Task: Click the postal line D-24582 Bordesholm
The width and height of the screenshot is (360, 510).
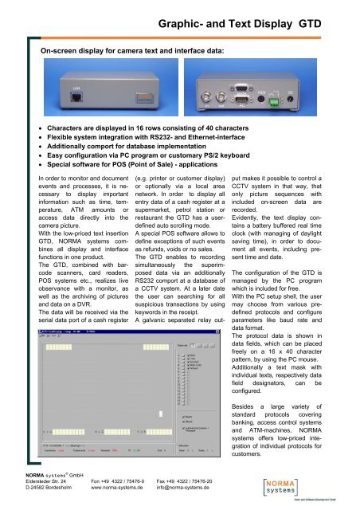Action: (40, 492)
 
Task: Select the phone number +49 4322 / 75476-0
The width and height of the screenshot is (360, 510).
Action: (116, 483)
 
